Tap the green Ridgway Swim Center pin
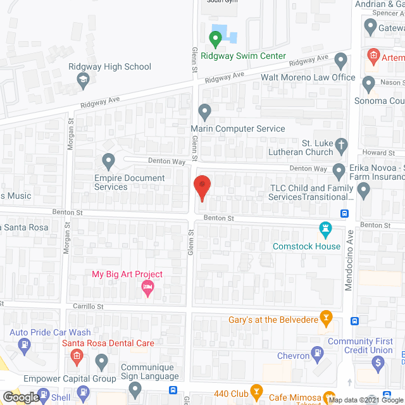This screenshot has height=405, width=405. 215,40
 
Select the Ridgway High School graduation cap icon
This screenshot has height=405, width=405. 83,80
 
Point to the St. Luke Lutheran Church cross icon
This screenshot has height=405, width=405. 341,145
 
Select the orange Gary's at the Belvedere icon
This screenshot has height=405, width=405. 326,316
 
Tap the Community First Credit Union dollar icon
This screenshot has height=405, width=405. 378,363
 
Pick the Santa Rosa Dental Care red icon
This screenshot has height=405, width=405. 77,356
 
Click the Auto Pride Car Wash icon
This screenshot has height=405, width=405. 25,346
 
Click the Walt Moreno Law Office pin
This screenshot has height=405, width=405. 341,62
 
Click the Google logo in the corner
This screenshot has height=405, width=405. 20,397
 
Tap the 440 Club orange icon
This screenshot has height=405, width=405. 256,391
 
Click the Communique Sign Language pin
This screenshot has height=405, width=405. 102,362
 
